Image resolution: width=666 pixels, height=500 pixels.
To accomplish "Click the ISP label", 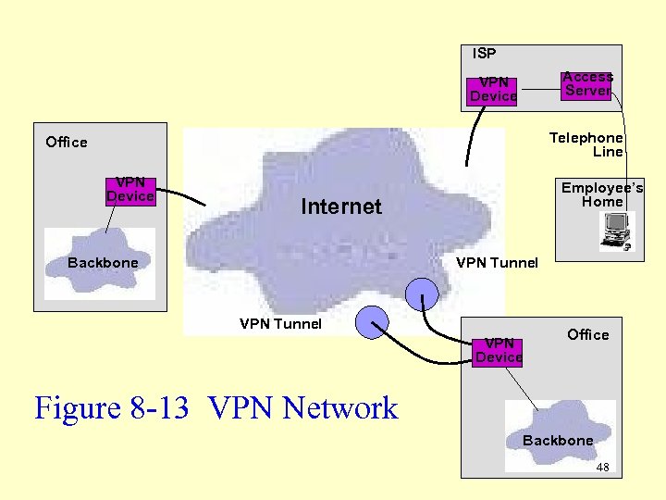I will [x=484, y=54].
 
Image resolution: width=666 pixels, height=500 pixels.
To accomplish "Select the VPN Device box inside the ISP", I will [x=493, y=90].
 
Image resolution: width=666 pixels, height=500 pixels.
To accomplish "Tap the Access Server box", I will [x=587, y=84].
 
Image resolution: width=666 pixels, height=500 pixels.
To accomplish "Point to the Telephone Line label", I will [x=586, y=144].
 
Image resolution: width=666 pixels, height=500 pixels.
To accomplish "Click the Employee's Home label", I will [x=602, y=194].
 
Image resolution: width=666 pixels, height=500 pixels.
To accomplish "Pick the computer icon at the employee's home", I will [x=615, y=231].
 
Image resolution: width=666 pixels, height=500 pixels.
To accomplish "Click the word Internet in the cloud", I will [x=340, y=206].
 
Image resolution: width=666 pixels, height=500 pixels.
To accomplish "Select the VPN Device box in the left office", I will [x=130, y=190].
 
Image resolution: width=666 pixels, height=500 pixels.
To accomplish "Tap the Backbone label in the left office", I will [x=103, y=263].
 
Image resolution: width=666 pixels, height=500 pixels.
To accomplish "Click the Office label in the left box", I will [x=67, y=142].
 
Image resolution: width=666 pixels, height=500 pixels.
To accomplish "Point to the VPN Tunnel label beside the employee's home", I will [x=497, y=263].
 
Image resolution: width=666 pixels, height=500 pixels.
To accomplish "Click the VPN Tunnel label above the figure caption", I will [x=280, y=324].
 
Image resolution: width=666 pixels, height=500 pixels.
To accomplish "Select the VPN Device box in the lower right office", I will [x=499, y=351].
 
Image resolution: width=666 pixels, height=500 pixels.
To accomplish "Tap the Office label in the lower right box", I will [x=588, y=334].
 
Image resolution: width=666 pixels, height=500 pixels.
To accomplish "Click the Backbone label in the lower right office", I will [x=558, y=441].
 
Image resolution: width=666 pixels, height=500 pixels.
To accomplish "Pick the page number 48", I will [x=602, y=468].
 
